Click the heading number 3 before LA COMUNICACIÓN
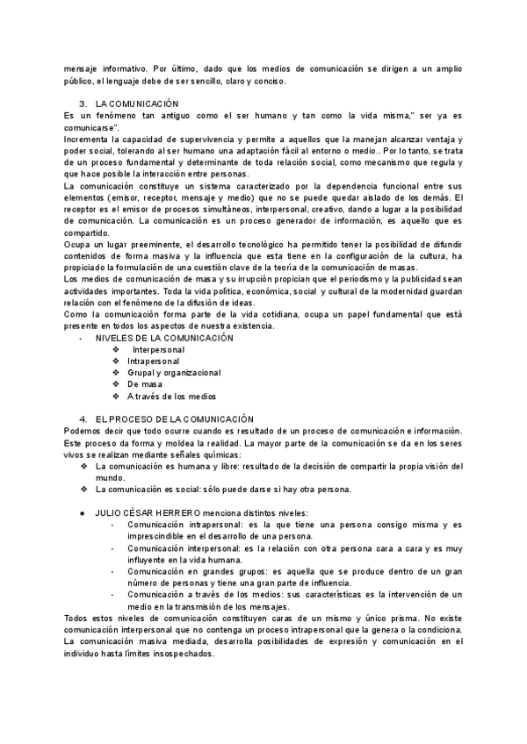83,104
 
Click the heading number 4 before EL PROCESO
83,418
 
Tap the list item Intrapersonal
153,361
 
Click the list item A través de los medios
170,397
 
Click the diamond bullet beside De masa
116,384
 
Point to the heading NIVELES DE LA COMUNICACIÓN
164,338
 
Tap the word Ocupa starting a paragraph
79,243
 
